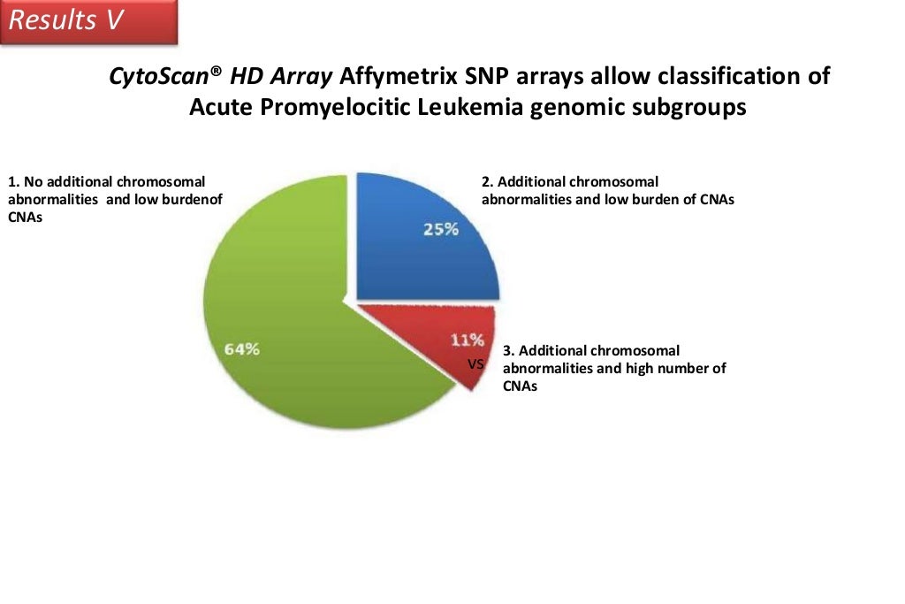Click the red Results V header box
pos(88,21)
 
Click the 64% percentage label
pos(241,348)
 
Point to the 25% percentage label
pos(439,229)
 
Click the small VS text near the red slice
pos(475,363)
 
